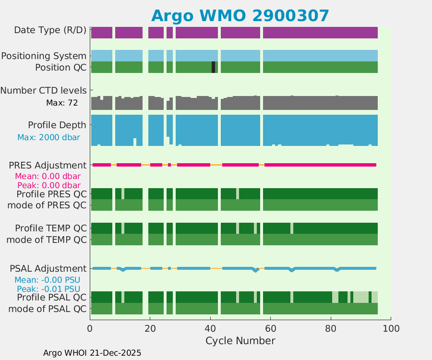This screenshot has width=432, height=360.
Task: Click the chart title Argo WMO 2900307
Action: coord(240,16)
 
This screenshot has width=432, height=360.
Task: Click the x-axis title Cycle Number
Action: coord(240,341)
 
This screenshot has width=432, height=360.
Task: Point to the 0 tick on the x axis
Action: coord(90,328)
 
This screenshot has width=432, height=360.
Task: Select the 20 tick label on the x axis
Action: coord(150,328)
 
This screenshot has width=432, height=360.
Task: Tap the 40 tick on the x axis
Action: coord(210,328)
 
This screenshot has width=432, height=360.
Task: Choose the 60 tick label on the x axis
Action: coord(270,328)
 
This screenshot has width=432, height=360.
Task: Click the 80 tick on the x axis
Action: coord(331,328)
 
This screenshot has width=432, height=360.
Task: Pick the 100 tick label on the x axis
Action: coord(391,328)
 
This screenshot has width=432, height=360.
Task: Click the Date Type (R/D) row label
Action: coord(50,30)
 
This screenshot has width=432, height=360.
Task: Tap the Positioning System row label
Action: coord(44,56)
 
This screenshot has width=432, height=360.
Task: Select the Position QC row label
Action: coord(60,67)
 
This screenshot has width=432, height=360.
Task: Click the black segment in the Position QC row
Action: coord(213,67)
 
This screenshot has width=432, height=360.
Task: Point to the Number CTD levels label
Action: coord(44,90)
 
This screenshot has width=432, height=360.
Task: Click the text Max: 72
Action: coord(62,103)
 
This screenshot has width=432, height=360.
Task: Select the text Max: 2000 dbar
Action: coord(48,137)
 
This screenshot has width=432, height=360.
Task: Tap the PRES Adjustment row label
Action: coord(48,165)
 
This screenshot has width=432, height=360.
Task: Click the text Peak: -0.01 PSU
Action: coord(48,289)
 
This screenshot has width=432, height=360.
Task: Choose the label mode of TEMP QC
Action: coord(47,239)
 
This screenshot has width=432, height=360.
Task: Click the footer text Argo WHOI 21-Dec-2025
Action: coord(92,353)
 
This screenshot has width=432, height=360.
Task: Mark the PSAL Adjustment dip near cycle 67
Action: coord(291,270)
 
